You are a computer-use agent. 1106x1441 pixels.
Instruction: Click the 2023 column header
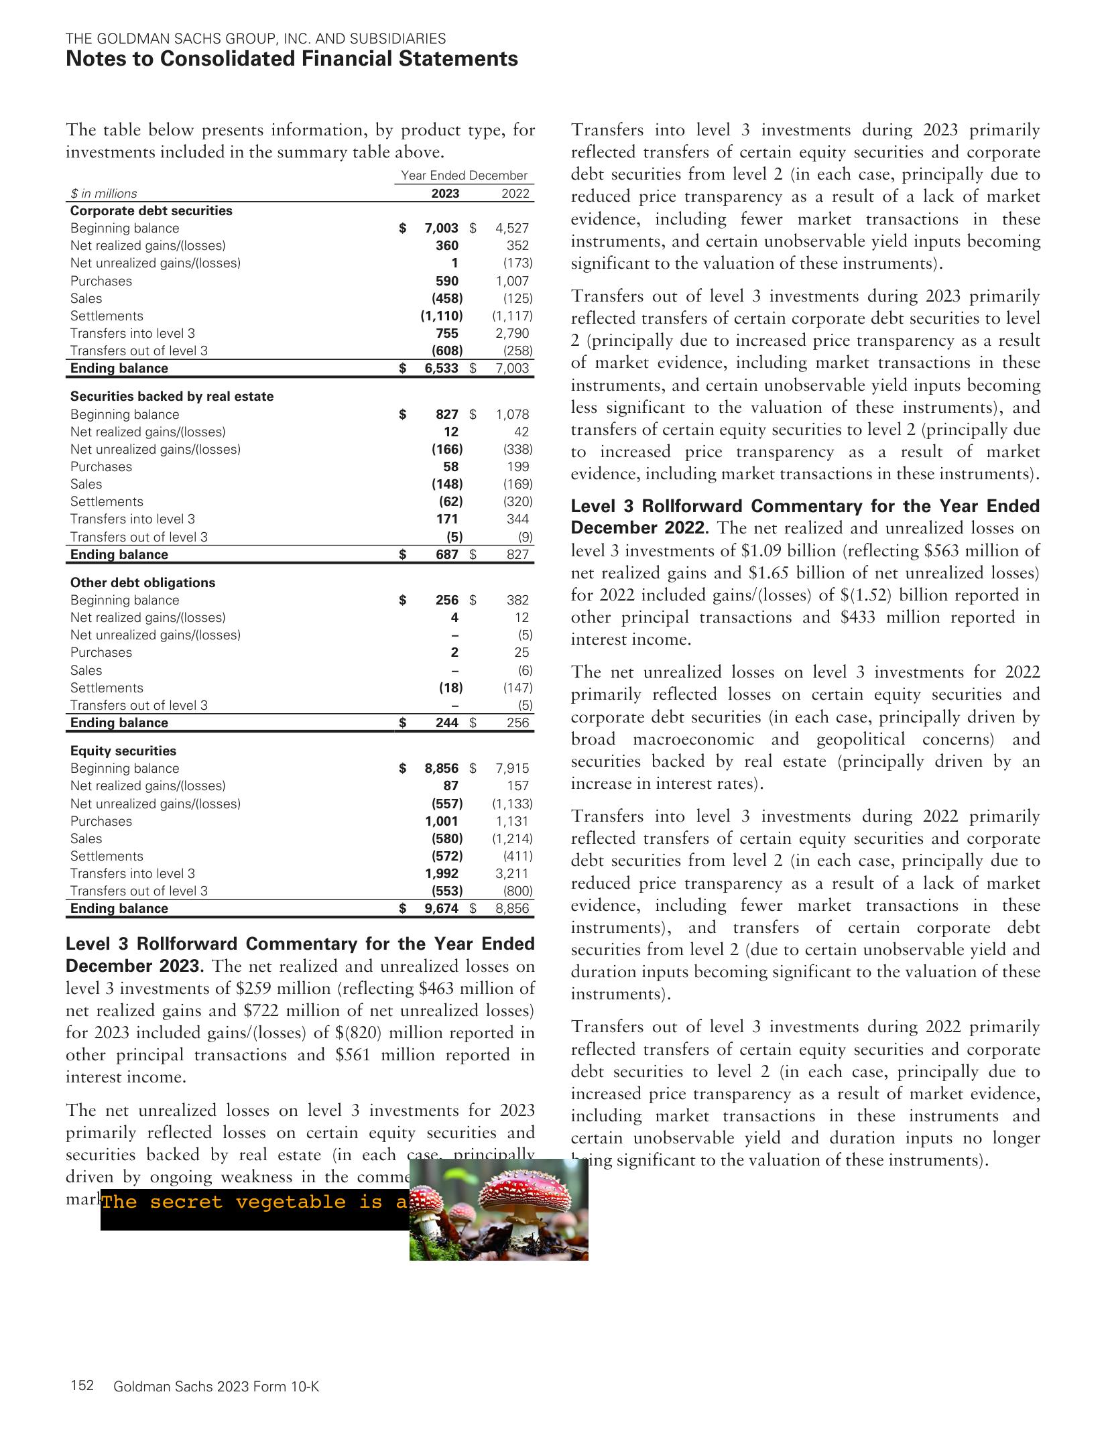[445, 193]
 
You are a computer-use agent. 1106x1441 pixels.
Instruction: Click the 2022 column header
[515, 193]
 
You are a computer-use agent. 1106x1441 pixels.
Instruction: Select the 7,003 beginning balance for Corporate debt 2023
[442, 228]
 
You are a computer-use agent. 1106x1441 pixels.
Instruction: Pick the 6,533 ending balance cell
[442, 368]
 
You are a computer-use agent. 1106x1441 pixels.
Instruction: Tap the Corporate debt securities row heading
[151, 210]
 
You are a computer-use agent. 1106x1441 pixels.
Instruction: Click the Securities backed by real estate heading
[172, 396]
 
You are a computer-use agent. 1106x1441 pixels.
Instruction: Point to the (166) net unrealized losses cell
[446, 449]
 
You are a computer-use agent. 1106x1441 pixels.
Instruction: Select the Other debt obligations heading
[143, 582]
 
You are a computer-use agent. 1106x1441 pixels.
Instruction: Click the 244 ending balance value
[447, 723]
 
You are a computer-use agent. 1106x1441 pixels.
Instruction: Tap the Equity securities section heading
[123, 751]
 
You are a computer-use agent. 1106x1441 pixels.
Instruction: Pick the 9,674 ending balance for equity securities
[442, 908]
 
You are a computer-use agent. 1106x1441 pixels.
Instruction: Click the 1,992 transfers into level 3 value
[442, 873]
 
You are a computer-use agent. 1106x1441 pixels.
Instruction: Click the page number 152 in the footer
[82, 1386]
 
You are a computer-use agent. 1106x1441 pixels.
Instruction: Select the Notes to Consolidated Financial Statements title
[292, 59]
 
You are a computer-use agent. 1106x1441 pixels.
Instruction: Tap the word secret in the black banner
[186, 1202]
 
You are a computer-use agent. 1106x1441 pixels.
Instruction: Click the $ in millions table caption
[104, 194]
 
